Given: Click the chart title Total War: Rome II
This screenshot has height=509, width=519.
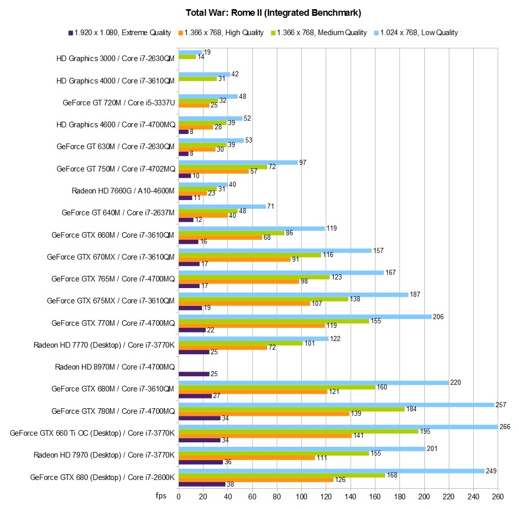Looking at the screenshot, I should tap(259, 12).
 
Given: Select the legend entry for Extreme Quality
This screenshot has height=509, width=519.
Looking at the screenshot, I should tap(122, 33).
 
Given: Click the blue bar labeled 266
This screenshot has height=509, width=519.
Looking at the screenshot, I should tap(338, 427).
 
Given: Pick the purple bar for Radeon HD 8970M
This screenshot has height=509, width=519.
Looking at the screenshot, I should tap(194, 374).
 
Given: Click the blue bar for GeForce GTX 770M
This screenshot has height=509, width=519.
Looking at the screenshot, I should tap(305, 317).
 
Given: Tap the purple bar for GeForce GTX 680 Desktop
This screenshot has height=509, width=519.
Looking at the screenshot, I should tap(202, 484).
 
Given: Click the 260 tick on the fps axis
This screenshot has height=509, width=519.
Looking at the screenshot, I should tap(498, 496).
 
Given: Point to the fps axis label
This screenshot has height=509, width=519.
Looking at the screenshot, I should tap(161, 495).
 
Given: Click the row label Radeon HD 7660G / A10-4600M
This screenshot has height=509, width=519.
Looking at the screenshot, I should tap(124, 191).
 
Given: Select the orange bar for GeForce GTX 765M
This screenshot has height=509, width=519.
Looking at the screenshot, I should tap(239, 281).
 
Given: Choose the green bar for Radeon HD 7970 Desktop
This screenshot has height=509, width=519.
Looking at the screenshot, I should tap(274, 453).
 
